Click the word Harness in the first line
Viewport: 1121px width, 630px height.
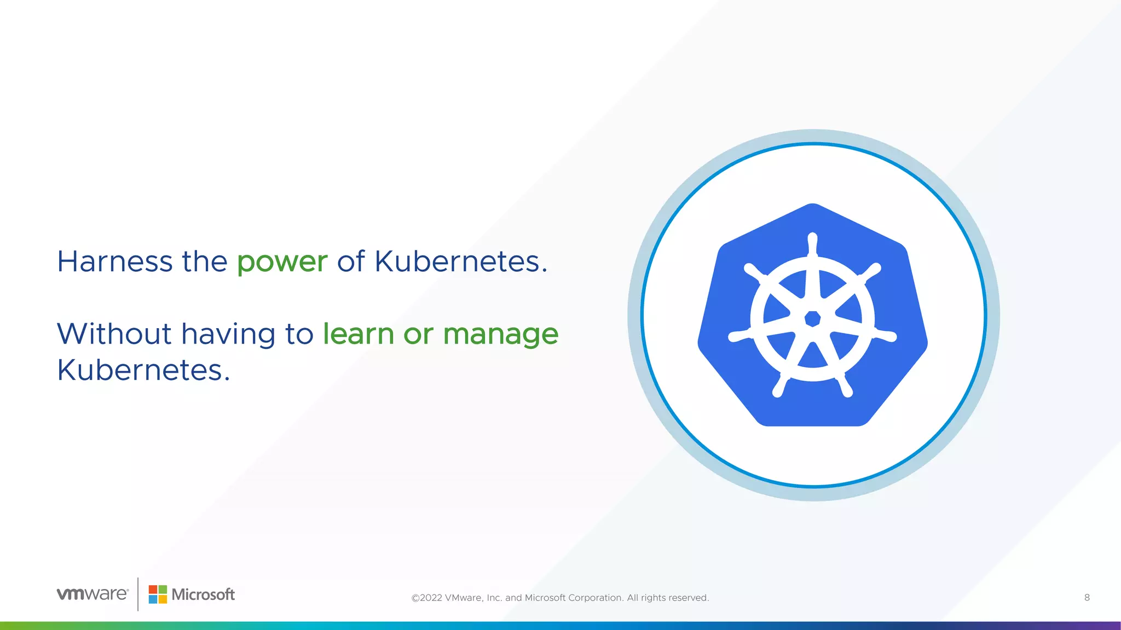pos(114,261)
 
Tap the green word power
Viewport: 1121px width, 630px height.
pos(282,262)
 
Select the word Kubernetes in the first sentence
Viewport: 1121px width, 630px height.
pos(460,261)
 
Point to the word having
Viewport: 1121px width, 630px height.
pos(228,335)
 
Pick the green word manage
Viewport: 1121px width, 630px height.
pos(500,335)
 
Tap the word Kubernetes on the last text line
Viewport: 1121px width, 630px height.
pos(143,370)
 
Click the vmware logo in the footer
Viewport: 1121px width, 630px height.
pos(93,594)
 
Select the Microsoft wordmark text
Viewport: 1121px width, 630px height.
pos(203,594)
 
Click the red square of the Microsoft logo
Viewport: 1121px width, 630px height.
pos(153,590)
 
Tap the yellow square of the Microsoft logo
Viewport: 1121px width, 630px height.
pos(163,599)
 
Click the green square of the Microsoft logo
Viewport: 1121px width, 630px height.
pos(163,590)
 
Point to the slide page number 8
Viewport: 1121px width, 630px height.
pos(1087,598)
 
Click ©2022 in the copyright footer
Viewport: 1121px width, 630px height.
pos(426,598)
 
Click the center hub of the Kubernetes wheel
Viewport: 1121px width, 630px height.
pos(812,318)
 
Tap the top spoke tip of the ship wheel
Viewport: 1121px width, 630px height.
pos(812,238)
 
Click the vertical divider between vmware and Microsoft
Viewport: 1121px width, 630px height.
pos(138,594)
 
